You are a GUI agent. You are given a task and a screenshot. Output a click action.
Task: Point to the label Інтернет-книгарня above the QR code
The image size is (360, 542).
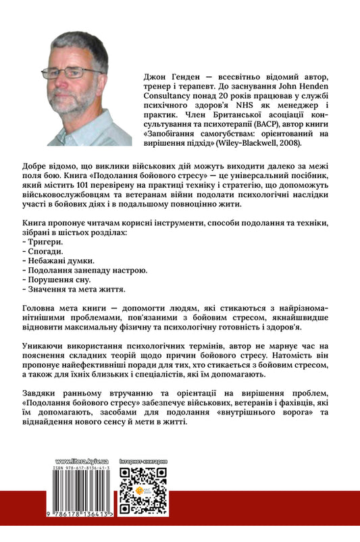coord(143,461)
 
